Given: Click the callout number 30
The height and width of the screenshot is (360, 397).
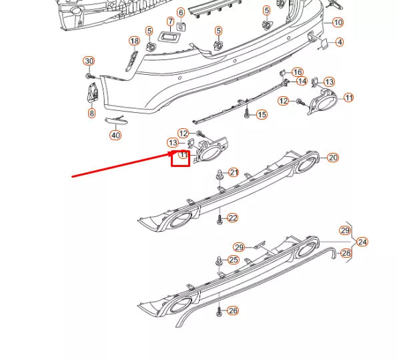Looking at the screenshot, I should point(89,61).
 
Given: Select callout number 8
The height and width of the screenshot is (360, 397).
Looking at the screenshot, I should point(91,114).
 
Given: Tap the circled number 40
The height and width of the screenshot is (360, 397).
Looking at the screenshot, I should point(115,135).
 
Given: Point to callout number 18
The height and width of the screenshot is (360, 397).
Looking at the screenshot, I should point(134,41).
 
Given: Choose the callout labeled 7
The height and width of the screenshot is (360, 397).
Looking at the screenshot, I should point(170,22).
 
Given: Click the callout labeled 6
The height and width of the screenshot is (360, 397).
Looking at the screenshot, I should point(181,13).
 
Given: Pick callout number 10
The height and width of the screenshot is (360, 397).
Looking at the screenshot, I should point(338,23).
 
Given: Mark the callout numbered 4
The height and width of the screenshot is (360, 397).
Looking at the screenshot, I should point(340,42).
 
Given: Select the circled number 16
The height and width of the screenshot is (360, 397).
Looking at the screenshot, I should point(298,72).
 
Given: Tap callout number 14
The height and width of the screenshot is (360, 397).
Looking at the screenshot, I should point(302,81).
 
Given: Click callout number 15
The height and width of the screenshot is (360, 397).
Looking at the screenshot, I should point(262,115).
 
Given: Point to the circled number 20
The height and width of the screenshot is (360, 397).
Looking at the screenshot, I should point(333,158).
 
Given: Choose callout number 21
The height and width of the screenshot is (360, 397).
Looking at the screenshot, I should point(234,172).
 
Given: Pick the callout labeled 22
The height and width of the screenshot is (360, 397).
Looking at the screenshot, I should point(232,218).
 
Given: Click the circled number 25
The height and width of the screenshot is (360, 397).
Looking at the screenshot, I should point(233,260).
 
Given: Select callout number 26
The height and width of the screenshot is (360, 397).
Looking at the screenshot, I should point(232,311).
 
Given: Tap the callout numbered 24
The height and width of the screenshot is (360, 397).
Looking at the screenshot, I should point(362,242).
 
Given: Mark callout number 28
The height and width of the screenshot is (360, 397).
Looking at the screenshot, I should point(346,253).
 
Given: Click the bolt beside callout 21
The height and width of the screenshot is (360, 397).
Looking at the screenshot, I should point(220,176).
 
